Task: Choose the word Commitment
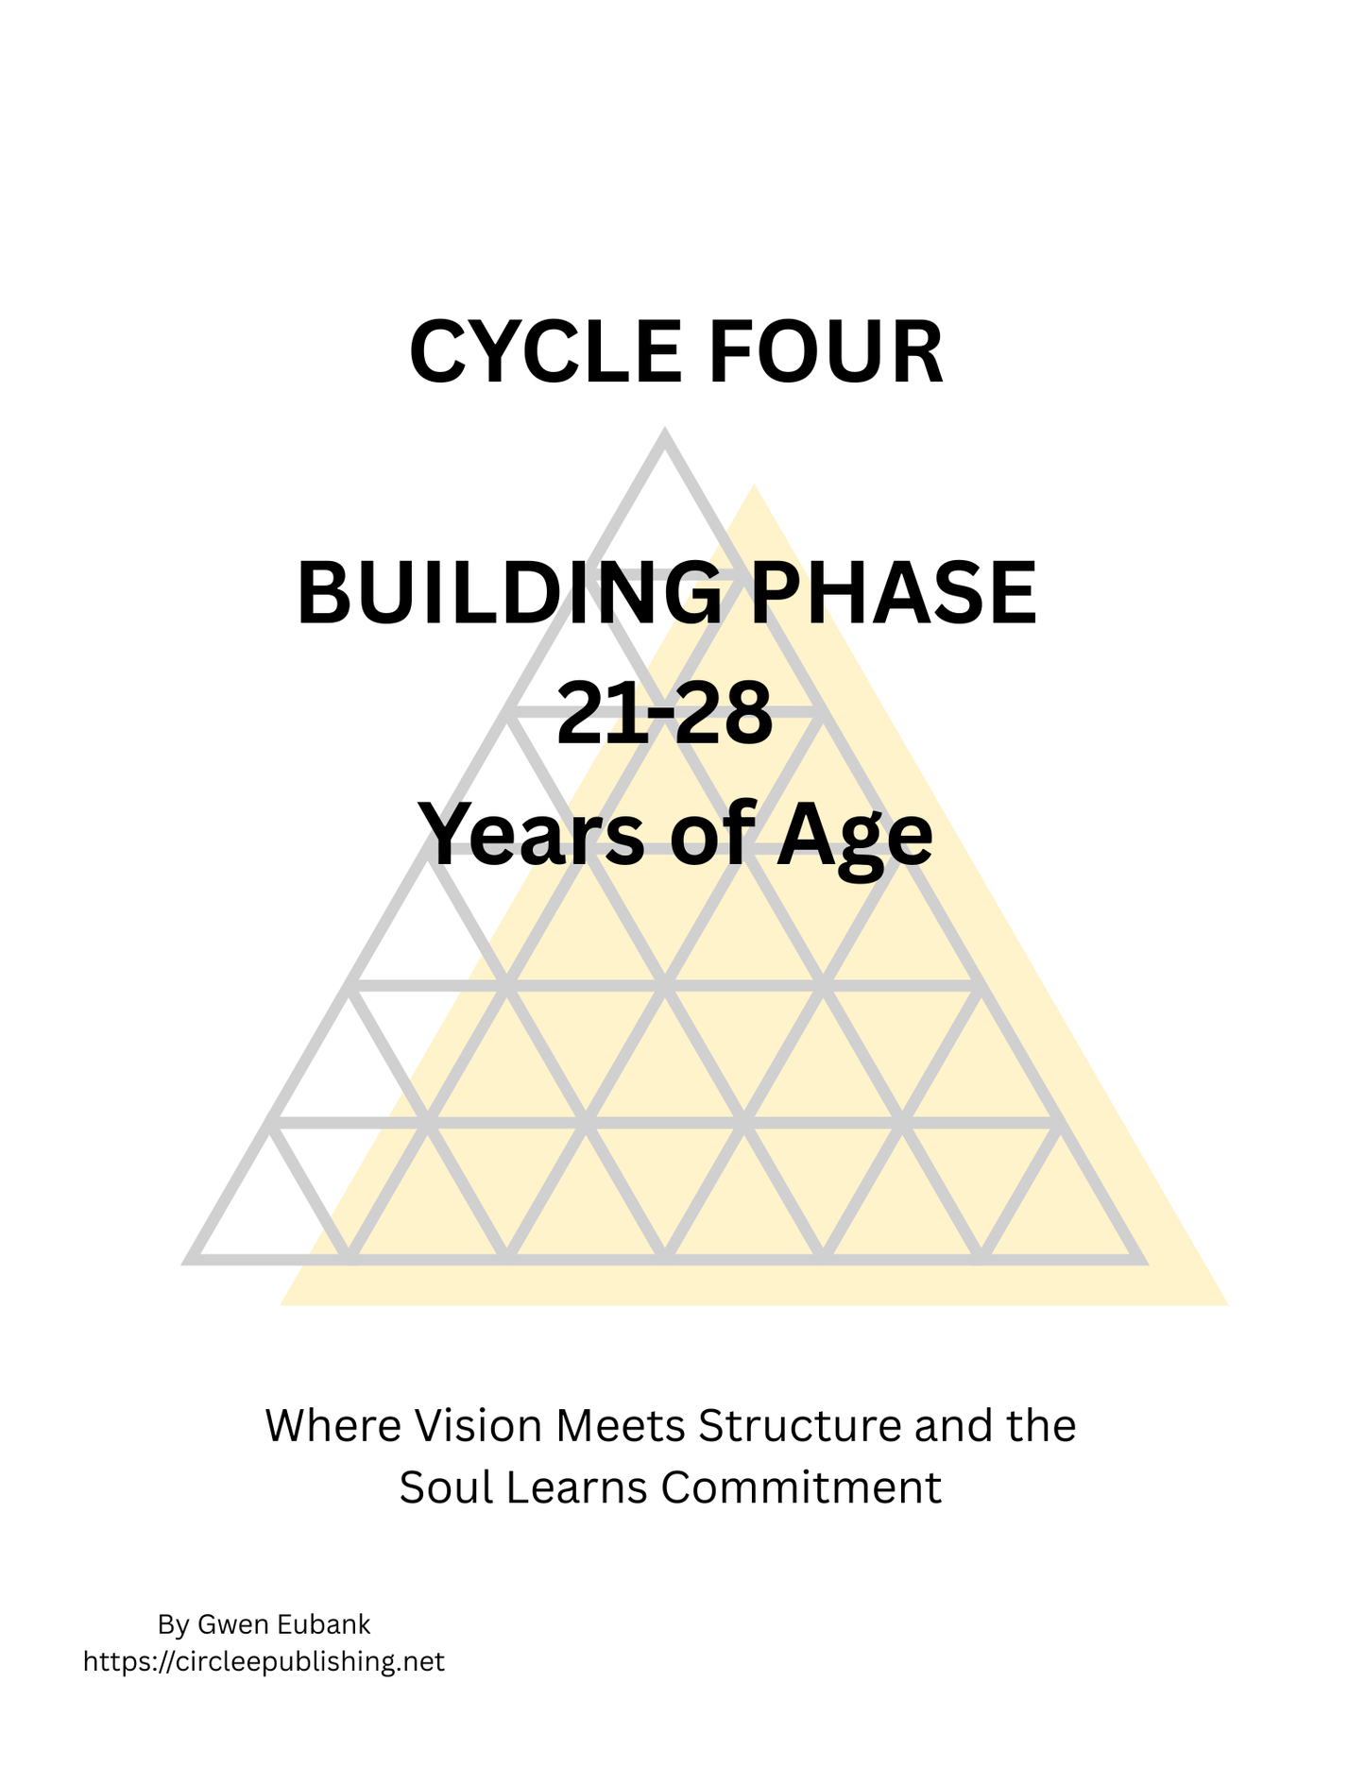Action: (801, 1488)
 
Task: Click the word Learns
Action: (582, 1488)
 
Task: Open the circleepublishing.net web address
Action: (264, 1661)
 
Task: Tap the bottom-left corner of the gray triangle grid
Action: (189, 1259)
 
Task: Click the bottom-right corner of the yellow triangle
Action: (1226, 1304)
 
